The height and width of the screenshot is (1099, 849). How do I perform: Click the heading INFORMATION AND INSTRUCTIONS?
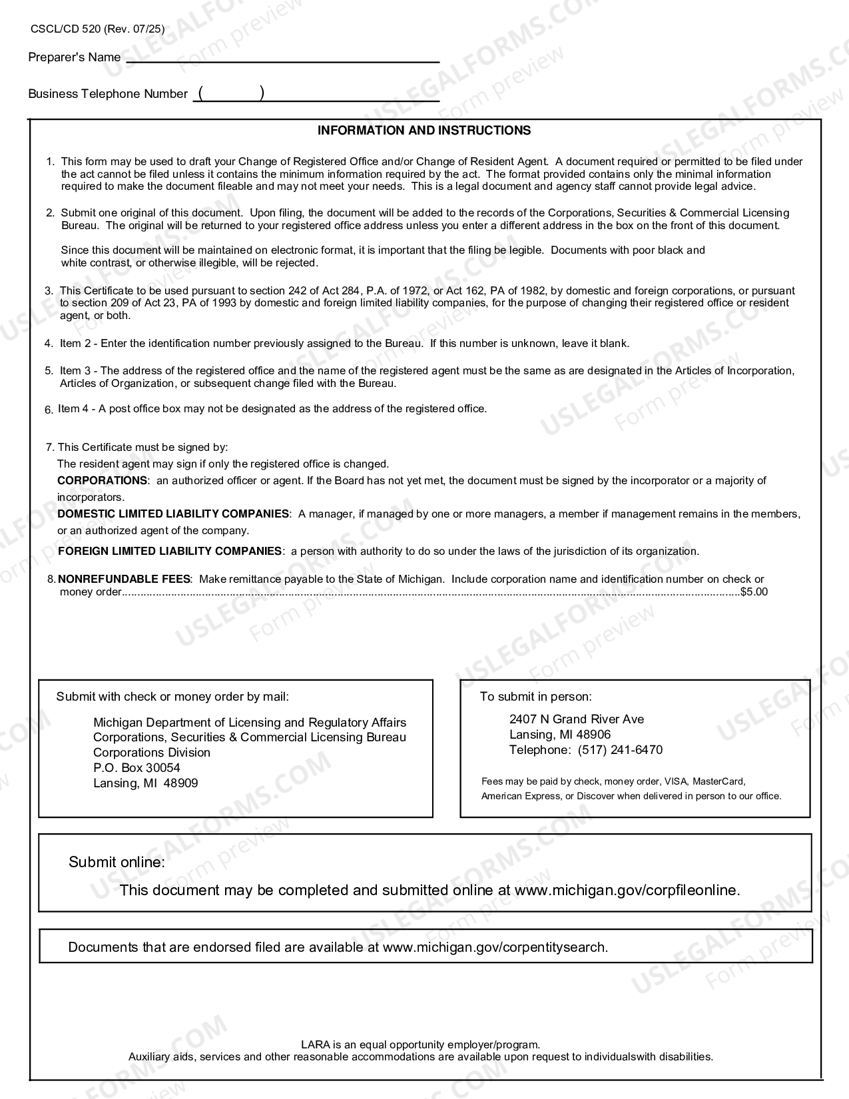424,131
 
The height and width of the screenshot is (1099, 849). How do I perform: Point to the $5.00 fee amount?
754,592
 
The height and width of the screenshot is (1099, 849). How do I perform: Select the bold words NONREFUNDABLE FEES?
125,579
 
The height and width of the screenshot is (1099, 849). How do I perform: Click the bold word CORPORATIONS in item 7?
102,480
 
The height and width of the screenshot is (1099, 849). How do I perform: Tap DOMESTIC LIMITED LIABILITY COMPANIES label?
173,514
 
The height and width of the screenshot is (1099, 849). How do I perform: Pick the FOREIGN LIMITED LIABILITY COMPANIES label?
170,551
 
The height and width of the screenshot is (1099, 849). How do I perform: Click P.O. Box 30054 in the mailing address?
137,768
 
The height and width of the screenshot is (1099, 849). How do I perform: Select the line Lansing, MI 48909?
145,783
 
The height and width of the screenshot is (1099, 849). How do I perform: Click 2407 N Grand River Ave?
577,719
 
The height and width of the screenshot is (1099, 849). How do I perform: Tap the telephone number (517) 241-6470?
620,750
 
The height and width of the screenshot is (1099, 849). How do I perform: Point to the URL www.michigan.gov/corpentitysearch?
495,947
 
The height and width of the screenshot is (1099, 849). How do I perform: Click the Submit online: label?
117,862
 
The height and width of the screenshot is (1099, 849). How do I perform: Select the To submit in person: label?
535,697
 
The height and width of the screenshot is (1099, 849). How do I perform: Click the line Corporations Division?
152,753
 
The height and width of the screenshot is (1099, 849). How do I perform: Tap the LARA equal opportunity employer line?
420,1044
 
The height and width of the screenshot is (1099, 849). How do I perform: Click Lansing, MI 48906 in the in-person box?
560,735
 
